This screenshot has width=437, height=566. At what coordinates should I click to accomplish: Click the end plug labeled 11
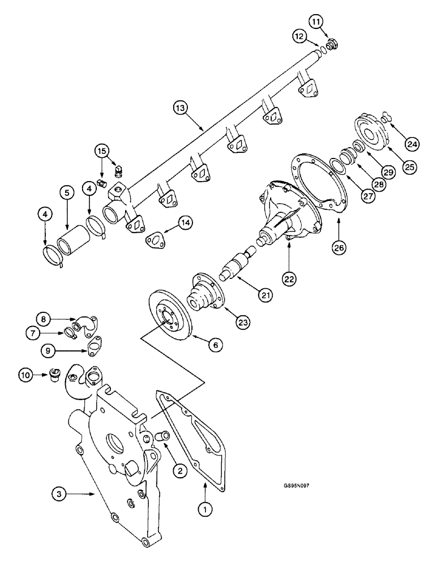click(x=333, y=43)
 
